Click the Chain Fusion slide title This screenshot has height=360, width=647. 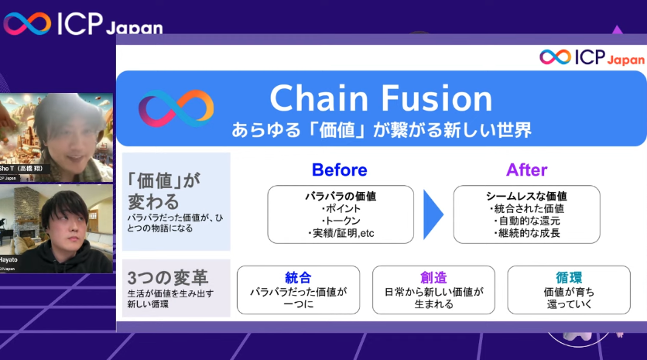381,98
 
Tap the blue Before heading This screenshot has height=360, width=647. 339,170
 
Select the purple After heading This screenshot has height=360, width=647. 526,170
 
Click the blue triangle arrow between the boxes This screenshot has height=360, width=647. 433,214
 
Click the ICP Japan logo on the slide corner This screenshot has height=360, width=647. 591,57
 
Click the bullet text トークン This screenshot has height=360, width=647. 341,221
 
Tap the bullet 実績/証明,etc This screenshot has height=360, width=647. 341,233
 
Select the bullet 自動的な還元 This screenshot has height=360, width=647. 526,221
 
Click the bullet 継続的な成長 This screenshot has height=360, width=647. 526,233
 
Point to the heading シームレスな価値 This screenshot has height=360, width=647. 526,196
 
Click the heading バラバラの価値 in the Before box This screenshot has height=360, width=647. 341,196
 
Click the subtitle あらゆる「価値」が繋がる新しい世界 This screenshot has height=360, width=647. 381,129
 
